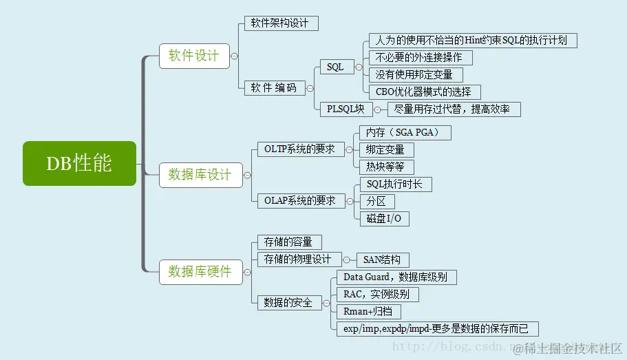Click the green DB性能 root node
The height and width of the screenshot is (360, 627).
click(79, 163)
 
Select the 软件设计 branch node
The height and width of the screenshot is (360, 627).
click(193, 56)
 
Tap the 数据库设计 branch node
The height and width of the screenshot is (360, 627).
click(200, 175)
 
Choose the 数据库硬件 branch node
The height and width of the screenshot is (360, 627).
click(200, 271)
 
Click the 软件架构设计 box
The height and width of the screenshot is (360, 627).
click(281, 23)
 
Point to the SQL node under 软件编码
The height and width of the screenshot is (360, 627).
click(336, 67)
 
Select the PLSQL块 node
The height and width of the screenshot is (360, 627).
click(346, 109)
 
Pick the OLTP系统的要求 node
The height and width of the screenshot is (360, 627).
click(300, 149)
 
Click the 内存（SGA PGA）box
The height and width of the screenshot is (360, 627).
click(405, 132)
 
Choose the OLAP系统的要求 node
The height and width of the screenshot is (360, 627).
click(300, 201)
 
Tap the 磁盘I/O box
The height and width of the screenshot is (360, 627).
click(384, 219)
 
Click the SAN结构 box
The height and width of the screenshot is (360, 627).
click(383, 260)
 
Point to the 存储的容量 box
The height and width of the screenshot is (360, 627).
click(288, 242)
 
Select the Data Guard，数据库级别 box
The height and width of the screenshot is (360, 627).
click(395, 277)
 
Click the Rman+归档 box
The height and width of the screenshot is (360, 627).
click(368, 311)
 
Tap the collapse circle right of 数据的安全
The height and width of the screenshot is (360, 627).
click(328, 303)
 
